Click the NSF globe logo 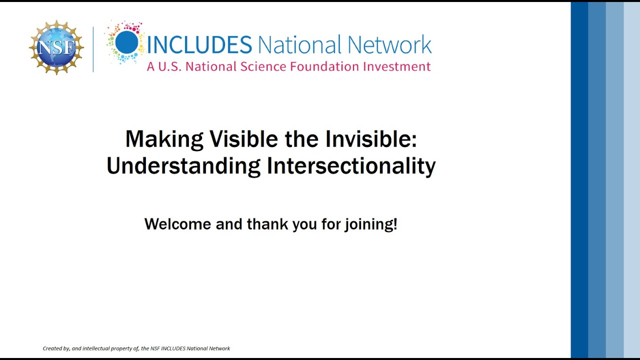[x=56, y=47]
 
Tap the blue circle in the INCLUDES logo [x=126, y=42]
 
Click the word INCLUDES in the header [x=199, y=45]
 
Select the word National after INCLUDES [x=299, y=45]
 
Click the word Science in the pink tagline [x=263, y=66]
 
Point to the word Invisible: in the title [x=370, y=139]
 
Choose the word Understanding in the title [x=183, y=166]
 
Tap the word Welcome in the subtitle [x=177, y=224]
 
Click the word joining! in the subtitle [x=370, y=224]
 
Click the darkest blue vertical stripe [x=579, y=180]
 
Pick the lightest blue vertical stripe [x=631, y=180]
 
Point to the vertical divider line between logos [x=93, y=49]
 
